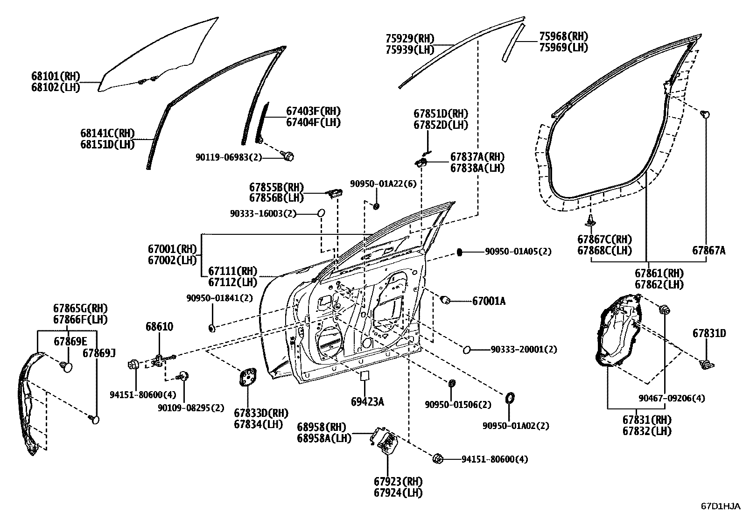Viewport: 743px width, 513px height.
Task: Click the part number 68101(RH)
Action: pyautogui.click(x=56, y=76)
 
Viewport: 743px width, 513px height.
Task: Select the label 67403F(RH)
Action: pyautogui.click(x=313, y=111)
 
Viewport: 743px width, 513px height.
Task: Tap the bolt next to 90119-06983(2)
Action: pyautogui.click(x=289, y=156)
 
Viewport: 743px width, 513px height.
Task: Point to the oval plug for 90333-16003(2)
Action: pyautogui.click(x=321, y=213)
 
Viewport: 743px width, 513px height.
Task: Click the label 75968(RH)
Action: pyautogui.click(x=563, y=36)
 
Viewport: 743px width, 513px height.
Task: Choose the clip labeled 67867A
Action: pyautogui.click(x=706, y=113)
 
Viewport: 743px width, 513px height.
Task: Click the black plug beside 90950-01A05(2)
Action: pyautogui.click(x=459, y=252)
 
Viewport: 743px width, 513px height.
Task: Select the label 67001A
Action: pyautogui.click(x=489, y=301)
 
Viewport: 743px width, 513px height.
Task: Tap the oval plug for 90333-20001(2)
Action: pyautogui.click(x=466, y=349)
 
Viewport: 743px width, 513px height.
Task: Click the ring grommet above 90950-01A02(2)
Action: pyautogui.click(x=510, y=398)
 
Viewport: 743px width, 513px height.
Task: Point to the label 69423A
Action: pyautogui.click(x=367, y=401)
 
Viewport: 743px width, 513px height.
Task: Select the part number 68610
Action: pyautogui.click(x=159, y=327)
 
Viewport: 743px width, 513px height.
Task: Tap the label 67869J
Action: pyautogui.click(x=99, y=352)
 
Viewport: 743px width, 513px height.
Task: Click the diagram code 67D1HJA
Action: pyautogui.click(x=720, y=506)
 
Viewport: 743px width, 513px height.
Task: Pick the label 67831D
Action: pyautogui.click(x=709, y=333)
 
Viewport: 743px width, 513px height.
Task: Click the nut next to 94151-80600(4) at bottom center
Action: pyautogui.click(x=438, y=458)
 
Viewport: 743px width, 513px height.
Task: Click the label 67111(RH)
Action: pyautogui.click(x=232, y=271)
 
